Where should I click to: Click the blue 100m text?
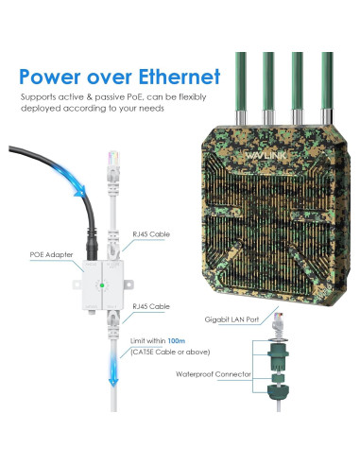pyautogui.click(x=180, y=338)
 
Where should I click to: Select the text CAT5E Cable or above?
pyautogui.click(x=166, y=352)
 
